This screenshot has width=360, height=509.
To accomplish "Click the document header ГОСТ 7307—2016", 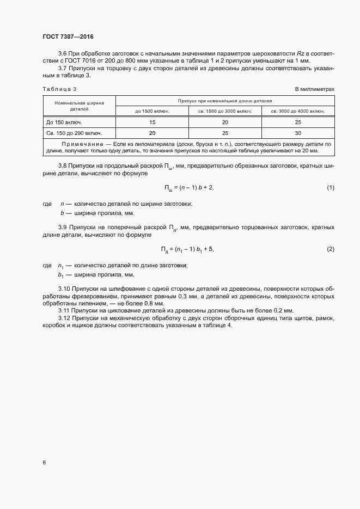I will (x=68, y=36).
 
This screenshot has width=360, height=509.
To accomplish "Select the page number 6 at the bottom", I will (x=44, y=463).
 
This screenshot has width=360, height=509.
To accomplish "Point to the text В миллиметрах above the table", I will (x=314, y=88).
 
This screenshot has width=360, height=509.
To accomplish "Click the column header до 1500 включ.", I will (x=152, y=111).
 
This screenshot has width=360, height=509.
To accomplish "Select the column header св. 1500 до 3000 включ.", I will (x=225, y=111).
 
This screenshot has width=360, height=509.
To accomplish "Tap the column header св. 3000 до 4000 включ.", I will (x=298, y=111).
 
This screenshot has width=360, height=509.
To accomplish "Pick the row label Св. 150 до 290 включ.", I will (x=74, y=132).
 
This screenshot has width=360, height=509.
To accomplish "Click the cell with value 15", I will (x=152, y=122).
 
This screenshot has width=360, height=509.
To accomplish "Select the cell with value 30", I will (x=298, y=132).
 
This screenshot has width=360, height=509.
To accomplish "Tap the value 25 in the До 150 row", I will (x=298, y=122).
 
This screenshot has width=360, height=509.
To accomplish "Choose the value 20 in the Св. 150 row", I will (x=152, y=132).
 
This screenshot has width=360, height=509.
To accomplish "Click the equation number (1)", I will (x=330, y=188).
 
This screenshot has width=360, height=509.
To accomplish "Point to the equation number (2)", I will (x=330, y=249).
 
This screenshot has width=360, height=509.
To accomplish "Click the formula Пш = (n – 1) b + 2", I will (x=189, y=188).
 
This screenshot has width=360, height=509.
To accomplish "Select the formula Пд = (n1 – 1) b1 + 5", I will (x=187, y=249).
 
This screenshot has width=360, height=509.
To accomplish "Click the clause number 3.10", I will (x=64, y=287).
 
